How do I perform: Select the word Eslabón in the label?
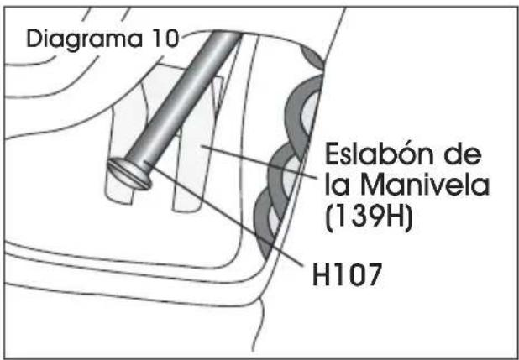(x=380, y=154)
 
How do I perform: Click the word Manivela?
(x=425, y=186)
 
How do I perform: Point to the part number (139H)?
(x=369, y=217)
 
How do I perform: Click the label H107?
(x=347, y=275)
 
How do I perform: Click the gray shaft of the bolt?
(x=184, y=97)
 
